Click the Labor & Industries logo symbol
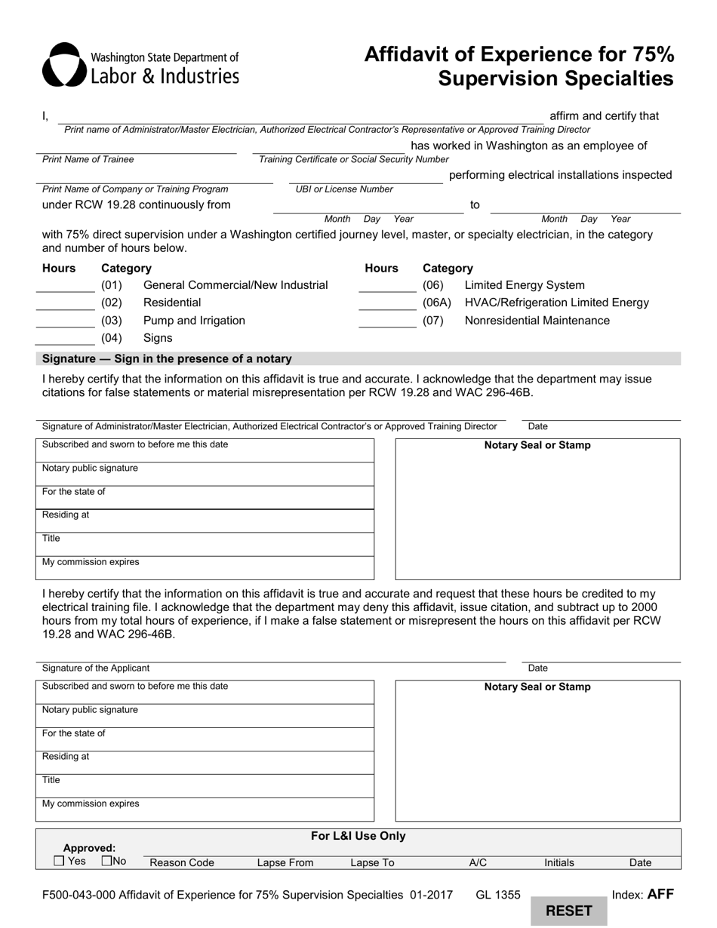[x=60, y=65]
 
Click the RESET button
[x=568, y=911]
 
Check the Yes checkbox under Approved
[x=60, y=861]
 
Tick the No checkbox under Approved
[x=106, y=861]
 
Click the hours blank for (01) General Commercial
[x=66, y=286]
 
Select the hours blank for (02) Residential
[x=66, y=303]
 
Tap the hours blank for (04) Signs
[x=66, y=339]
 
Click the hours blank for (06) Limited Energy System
[x=387, y=286]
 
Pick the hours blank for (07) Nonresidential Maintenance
[x=387, y=321]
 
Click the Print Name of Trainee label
[x=88, y=159]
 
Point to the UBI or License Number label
[x=344, y=189]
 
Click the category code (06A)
[x=437, y=303]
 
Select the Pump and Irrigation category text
[x=194, y=321]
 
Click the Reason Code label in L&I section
[x=182, y=862]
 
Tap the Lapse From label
[x=285, y=862]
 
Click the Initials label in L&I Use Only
[x=559, y=862]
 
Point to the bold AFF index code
[x=660, y=895]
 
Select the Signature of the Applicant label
[x=96, y=668]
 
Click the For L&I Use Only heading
[x=358, y=836]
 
